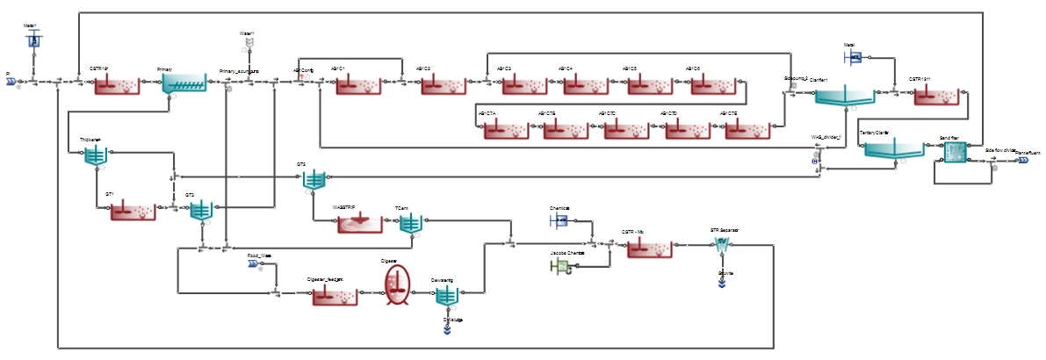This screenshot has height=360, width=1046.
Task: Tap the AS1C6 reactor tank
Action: pos(713,84)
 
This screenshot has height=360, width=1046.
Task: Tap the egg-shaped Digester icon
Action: pos(397,286)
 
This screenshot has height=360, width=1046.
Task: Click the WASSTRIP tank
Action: pos(361,224)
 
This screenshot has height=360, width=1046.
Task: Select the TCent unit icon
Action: pos(411,224)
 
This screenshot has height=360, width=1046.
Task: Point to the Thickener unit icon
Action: pos(95,156)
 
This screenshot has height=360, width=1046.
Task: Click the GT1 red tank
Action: pos(133,211)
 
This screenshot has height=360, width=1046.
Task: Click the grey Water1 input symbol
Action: pos(249,43)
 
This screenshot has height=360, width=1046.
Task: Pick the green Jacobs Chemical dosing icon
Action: pos(559,268)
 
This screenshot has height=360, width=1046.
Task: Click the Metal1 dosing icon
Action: pos(33,40)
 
